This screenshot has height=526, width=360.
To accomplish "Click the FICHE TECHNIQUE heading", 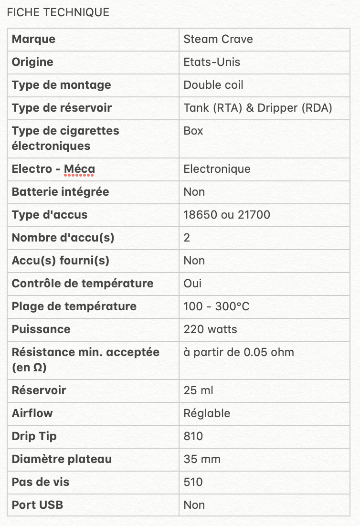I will (58, 12).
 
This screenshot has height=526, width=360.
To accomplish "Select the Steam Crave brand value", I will (218, 39).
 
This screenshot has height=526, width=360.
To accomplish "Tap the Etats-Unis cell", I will (212, 62).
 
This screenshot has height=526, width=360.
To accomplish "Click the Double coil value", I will (213, 85).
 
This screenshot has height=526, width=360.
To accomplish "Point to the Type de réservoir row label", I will (62, 108).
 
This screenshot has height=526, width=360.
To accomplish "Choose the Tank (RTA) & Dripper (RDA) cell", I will (258, 108).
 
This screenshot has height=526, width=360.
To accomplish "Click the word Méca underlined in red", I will (79, 169).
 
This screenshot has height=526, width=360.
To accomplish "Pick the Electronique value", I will (217, 169).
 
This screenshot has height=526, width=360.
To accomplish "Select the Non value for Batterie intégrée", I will (194, 192).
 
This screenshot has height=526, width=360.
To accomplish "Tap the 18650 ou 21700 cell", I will (227, 215).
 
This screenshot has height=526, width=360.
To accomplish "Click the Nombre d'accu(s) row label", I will (63, 238).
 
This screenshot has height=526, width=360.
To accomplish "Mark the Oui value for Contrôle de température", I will (192, 284).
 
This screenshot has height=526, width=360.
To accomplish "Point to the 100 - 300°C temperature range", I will (216, 306).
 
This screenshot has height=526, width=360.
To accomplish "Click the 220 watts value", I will (210, 329).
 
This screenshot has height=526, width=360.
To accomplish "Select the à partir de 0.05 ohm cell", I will (239, 352).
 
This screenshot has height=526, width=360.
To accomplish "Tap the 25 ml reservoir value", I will (198, 390).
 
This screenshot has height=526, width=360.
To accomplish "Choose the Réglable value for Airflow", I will (207, 413).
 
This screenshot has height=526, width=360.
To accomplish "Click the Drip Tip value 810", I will (193, 436).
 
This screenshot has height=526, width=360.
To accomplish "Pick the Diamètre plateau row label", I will (62, 459).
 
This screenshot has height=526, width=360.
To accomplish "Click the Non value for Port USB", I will (194, 505).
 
